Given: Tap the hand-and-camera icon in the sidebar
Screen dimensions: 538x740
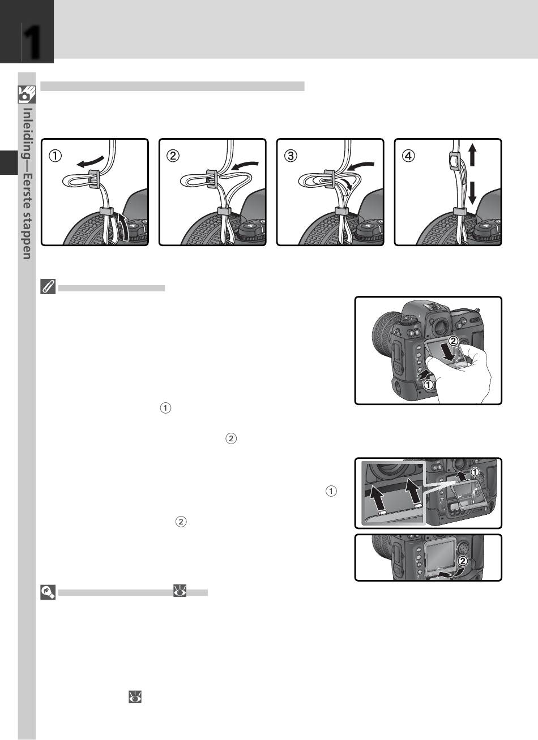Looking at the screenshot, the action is point(27,94).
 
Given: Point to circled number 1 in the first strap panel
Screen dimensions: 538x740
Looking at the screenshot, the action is point(55,156).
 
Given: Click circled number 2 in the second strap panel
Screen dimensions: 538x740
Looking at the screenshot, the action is point(173,156).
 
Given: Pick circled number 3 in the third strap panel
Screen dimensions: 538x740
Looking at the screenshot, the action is point(291,156).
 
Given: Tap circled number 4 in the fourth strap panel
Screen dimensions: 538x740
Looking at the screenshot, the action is point(408,156).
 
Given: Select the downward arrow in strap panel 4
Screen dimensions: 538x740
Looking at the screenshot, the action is point(472,193).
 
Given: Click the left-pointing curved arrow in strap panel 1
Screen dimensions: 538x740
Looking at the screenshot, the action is point(90,161).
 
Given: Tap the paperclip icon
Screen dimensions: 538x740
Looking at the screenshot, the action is point(48,286).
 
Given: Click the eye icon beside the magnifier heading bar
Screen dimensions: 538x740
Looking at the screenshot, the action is point(180,591).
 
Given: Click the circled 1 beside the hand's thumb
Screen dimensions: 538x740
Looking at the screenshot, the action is point(428,385).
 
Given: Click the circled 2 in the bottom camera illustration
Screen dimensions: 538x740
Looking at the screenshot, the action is point(463,561).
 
